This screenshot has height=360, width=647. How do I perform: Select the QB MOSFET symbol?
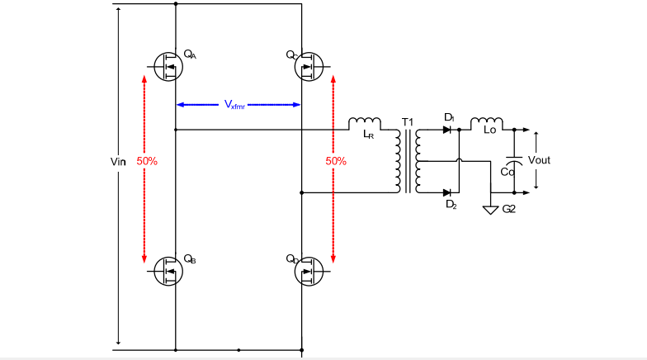(168, 270)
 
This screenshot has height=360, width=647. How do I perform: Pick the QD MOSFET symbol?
(309, 270)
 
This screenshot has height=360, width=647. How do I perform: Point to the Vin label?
(117, 161)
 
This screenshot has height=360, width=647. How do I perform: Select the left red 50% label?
(147, 161)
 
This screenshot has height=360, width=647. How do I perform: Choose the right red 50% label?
(335, 161)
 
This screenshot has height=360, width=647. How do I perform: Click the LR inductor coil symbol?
(363, 123)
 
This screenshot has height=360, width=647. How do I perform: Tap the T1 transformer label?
(407, 122)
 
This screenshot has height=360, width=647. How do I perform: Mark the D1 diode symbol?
(447, 130)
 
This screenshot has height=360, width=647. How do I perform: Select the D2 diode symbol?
(447, 192)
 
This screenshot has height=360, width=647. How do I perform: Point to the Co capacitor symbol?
(514, 161)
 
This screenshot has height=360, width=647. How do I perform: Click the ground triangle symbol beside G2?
(491, 210)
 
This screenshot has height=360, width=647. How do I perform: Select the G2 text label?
(509, 210)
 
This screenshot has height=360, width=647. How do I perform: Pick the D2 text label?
(451, 204)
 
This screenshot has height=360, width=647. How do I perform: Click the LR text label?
(368, 135)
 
